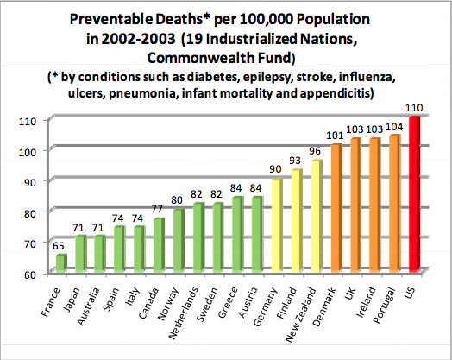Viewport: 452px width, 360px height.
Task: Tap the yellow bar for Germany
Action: pos(277,225)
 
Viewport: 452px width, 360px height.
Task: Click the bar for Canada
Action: pos(160,246)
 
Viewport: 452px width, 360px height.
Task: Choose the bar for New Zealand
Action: pos(317,217)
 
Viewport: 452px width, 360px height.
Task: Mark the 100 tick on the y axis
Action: pos(28,151)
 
